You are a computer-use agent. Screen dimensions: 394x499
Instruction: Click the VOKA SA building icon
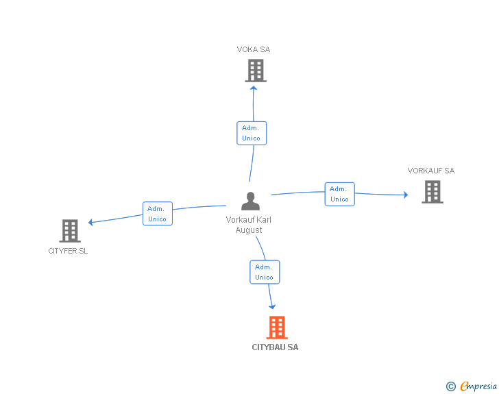click(255, 71)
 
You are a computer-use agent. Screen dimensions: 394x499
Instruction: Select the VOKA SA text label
click(254, 49)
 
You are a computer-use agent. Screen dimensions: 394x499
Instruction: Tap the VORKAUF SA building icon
click(432, 192)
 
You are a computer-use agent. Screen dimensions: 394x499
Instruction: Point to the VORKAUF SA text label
click(430, 171)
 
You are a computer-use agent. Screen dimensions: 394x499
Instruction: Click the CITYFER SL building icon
click(70, 231)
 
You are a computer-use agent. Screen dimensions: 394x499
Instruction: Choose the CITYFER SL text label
click(68, 251)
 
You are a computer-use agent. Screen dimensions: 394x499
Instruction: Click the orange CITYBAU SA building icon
click(276, 328)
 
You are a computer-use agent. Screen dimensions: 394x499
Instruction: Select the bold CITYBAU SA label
click(275, 347)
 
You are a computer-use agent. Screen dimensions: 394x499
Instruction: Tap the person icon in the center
click(250, 201)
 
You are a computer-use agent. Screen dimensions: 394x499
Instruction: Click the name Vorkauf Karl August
click(248, 225)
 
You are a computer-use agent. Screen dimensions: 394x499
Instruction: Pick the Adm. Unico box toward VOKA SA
click(252, 133)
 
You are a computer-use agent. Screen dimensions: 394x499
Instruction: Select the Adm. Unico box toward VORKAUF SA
click(339, 194)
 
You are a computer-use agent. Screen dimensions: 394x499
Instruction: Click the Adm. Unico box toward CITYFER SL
click(158, 214)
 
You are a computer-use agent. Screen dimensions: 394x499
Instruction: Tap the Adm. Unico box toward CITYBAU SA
click(265, 272)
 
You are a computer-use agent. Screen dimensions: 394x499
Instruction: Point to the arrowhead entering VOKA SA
click(254, 87)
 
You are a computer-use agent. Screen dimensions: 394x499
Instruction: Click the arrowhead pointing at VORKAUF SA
click(405, 195)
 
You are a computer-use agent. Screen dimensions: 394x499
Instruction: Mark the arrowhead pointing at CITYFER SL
click(91, 222)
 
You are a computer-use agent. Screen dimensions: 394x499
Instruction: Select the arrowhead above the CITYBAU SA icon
click(272, 306)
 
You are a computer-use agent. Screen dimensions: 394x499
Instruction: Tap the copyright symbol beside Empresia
click(450, 386)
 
